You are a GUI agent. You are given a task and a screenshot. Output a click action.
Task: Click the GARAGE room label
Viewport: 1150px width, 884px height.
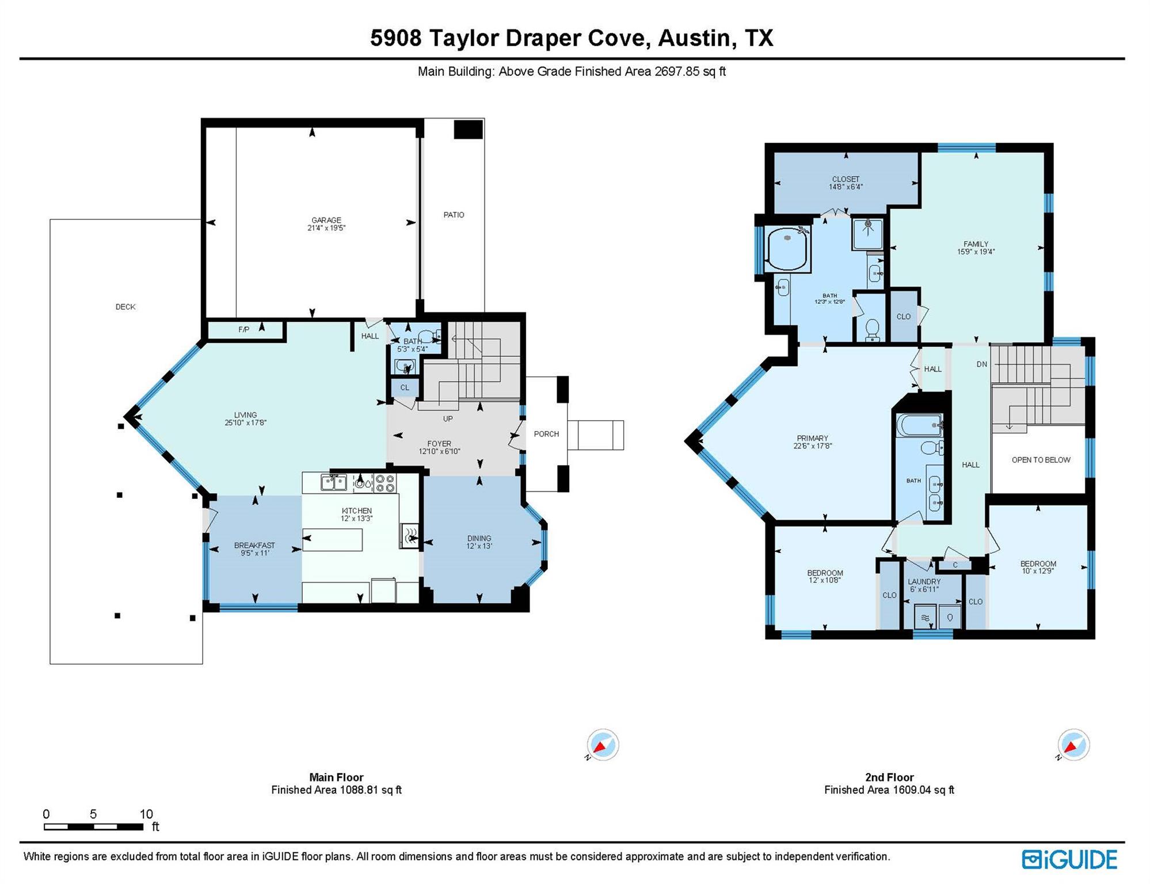(326, 220)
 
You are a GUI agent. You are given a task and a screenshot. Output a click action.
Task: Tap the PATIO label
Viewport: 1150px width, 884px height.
(454, 215)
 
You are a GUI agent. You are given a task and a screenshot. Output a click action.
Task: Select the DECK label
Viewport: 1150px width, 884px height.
(125, 307)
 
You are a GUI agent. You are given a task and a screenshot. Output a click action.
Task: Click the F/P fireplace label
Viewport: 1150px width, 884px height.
(244, 330)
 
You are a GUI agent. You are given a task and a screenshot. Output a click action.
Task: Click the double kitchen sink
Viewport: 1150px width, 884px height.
(334, 482)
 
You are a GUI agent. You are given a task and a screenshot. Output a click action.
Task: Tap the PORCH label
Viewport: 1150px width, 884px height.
(546, 434)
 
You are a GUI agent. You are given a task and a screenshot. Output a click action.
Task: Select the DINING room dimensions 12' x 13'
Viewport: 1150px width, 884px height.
(479, 546)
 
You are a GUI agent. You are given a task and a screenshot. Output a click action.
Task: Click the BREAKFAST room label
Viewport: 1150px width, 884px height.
(254, 545)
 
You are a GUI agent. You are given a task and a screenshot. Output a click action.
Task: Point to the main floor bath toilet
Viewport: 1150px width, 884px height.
(427, 336)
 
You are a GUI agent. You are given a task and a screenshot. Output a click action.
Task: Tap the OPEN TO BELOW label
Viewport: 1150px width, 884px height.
(1041, 460)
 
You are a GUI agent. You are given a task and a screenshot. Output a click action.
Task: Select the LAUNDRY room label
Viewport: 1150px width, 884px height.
(924, 582)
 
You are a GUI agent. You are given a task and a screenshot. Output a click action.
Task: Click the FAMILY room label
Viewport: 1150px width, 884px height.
(976, 244)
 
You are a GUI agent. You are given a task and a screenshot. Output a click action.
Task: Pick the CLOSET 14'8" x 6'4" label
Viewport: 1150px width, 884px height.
(846, 182)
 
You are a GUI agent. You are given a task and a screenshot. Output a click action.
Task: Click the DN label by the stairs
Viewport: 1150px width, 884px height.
(981, 364)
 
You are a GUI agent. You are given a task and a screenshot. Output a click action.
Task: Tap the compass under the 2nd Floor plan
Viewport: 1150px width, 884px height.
(1073, 745)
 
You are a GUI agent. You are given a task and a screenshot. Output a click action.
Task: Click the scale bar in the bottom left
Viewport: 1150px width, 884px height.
(94, 826)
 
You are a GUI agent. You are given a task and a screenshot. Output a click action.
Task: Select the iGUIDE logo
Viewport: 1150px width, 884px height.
(1069, 859)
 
